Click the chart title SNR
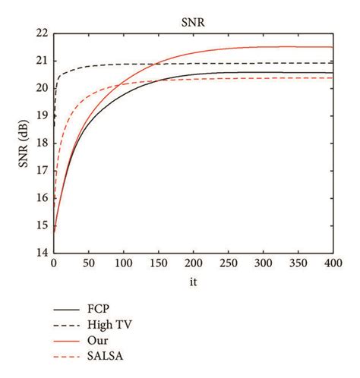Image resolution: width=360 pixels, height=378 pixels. [x=194, y=22]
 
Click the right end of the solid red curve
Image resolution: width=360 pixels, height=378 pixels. [x=333, y=47]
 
